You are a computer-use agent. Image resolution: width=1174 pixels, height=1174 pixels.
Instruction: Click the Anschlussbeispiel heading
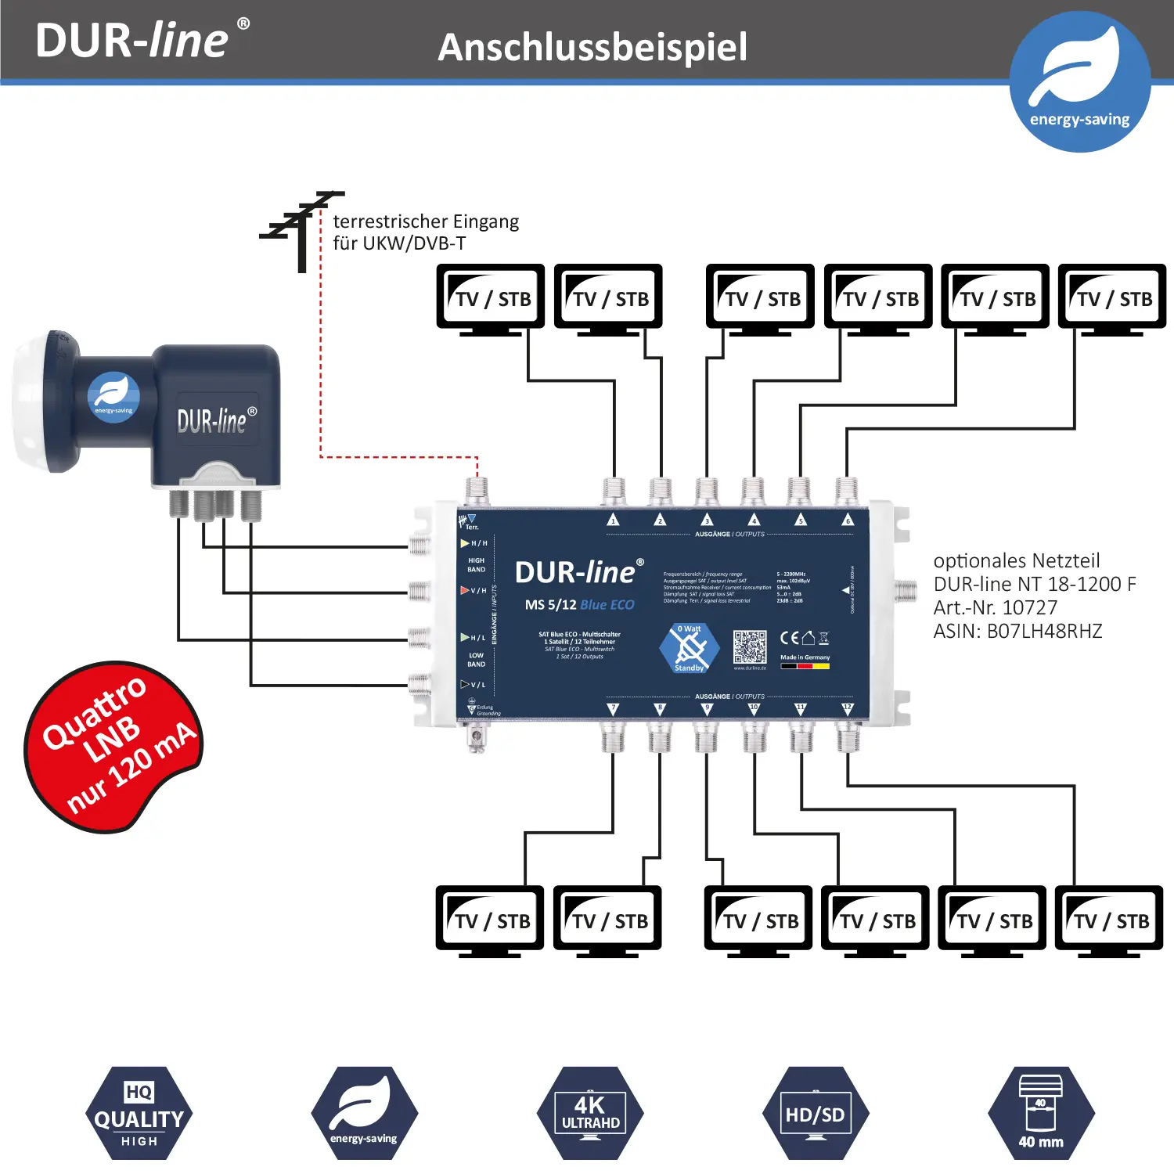(x=592, y=47)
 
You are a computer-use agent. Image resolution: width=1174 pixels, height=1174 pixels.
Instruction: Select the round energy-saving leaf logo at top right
(x=1079, y=81)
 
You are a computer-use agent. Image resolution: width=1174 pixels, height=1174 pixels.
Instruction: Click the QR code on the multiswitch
(x=750, y=647)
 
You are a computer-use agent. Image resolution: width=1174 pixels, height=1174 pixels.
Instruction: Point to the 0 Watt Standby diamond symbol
(x=689, y=648)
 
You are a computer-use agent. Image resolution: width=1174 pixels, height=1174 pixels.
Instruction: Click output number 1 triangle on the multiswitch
(x=614, y=520)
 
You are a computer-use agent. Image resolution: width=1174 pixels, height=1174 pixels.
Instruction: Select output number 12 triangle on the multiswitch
(x=847, y=708)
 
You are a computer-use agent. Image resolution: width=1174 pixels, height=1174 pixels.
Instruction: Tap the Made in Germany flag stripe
(x=805, y=666)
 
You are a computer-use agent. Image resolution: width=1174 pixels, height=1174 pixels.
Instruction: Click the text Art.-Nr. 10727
(x=995, y=607)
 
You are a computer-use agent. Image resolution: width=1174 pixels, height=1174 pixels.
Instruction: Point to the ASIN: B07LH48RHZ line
(x=1017, y=631)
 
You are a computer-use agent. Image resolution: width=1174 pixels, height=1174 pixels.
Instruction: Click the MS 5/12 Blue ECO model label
(x=579, y=604)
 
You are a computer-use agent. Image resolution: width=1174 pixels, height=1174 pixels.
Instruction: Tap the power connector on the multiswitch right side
(x=906, y=590)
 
